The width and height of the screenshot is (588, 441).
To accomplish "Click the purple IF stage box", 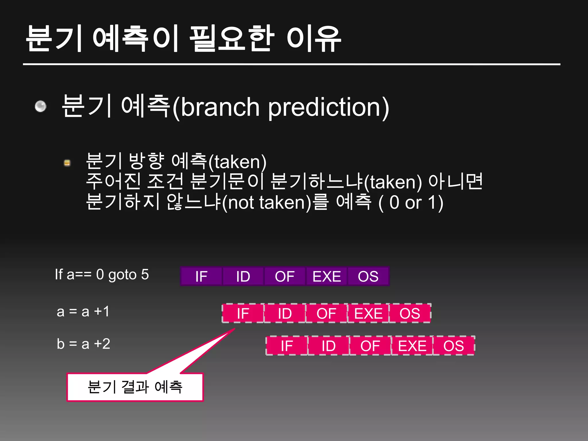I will (201, 276).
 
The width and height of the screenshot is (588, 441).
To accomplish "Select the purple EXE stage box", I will (326, 276).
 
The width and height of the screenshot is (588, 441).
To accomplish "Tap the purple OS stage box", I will (368, 276).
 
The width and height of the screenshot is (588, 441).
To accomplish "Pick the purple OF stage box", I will (285, 276).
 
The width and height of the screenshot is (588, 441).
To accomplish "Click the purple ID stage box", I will (243, 276).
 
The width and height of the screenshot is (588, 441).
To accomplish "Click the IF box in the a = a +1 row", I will (243, 313).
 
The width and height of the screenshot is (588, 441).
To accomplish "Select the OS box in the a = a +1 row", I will (410, 313).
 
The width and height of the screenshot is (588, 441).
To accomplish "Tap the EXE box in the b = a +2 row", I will (412, 346).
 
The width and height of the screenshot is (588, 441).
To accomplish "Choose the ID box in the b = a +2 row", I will (328, 346).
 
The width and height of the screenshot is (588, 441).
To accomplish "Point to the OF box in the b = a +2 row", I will (370, 346).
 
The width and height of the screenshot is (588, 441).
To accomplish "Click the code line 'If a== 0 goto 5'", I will (102, 274).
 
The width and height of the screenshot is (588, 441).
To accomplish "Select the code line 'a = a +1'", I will (83, 312).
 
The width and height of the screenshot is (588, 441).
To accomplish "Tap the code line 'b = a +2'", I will (84, 344).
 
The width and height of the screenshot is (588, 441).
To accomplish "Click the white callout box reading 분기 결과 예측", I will (135, 387).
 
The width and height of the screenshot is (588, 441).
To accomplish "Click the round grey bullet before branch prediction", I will (40, 107).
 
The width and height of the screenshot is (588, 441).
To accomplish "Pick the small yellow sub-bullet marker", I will (67, 163).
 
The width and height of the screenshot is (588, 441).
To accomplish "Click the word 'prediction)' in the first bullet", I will (329, 107).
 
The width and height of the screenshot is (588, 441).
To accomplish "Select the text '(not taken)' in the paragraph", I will (267, 203).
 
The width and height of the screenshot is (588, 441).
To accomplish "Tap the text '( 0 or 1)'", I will (411, 203).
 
